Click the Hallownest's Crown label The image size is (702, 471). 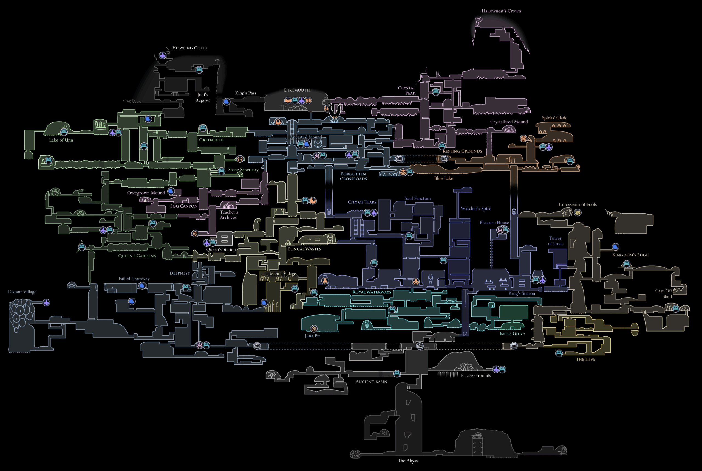pos(501,11)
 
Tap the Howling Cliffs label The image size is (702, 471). pos(190,48)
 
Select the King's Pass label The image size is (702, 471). pos(245,93)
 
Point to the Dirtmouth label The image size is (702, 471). pos(297,90)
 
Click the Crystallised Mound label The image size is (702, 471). pos(509,122)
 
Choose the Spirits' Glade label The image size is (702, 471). pos(554,118)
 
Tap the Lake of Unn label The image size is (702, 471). pos(61,140)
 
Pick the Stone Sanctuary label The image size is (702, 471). pos(243,170)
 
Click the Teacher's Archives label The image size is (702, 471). pos(229,215)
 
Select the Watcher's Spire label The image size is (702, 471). pos(476,209)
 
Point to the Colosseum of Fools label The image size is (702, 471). pos(578,204)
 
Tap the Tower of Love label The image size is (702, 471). pos(555,241)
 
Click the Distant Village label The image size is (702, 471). pos(22,292)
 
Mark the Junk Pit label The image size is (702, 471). pos(312,336)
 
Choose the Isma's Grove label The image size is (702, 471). pos(512,333)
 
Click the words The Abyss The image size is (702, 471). pos(407,461)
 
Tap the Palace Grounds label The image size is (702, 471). pos(476,375)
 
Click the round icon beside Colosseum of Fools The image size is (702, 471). pos(578,213)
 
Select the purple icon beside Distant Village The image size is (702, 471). pos(46,302)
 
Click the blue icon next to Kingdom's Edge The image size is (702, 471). pos(615,247)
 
